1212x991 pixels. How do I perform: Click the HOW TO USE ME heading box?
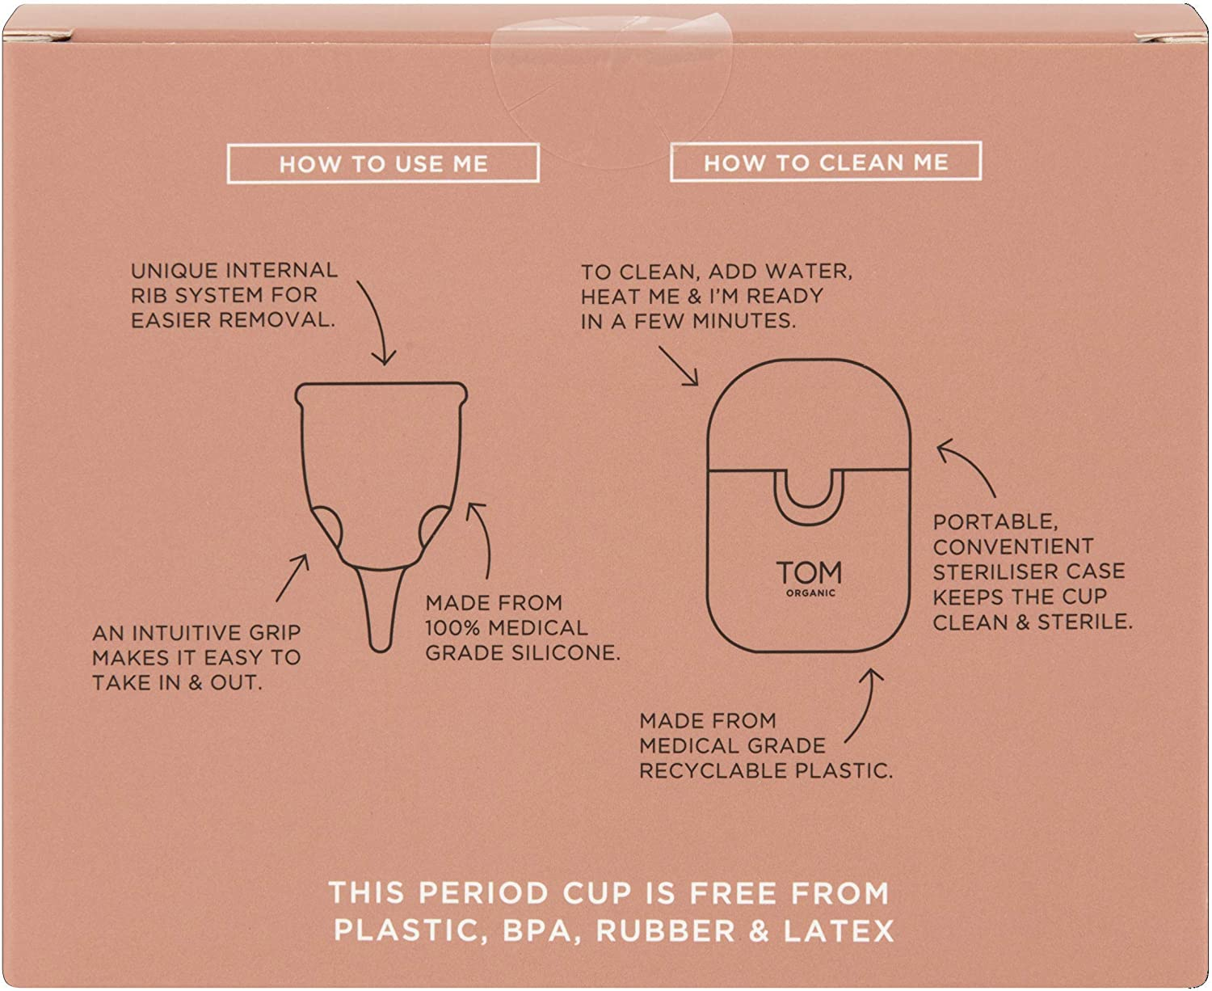pos(383,163)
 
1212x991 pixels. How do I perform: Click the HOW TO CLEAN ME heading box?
pos(826,162)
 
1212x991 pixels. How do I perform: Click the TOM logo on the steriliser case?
pos(809,573)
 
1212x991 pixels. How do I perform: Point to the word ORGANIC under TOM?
pos(810,593)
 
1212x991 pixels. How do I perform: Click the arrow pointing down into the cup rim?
pos(376,323)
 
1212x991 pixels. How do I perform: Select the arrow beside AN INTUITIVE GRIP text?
pos(292,577)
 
